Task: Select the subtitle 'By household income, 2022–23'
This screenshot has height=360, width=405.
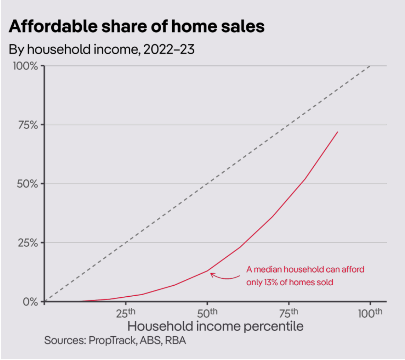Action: point(101,50)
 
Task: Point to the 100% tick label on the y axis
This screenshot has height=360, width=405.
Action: point(25,66)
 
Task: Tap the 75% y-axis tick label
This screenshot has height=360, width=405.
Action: point(28,125)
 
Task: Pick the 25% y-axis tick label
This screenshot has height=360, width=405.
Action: point(28,243)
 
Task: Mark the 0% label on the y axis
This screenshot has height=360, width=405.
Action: point(30,302)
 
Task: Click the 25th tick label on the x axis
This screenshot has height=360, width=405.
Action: point(125,313)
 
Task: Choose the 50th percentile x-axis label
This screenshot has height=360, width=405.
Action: point(207,313)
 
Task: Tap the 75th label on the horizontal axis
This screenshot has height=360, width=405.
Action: point(289,313)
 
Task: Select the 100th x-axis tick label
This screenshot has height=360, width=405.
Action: point(370,313)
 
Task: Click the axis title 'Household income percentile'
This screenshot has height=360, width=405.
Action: point(215,326)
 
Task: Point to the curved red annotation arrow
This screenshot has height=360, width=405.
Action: point(224,277)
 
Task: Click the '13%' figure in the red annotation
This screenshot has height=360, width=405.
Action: point(271,282)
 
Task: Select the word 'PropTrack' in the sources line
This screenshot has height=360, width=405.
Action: point(112,341)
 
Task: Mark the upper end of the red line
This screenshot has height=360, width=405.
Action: point(338,132)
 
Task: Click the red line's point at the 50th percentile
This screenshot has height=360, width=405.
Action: point(207,271)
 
